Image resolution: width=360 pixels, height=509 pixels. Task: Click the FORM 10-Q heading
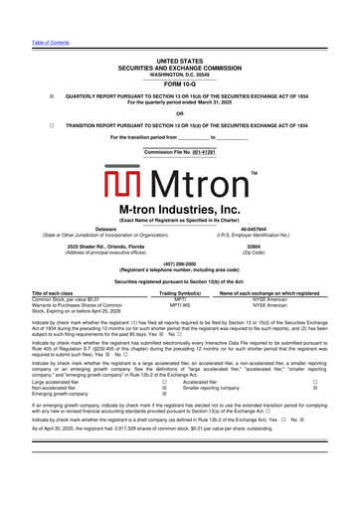(x=179, y=84)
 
